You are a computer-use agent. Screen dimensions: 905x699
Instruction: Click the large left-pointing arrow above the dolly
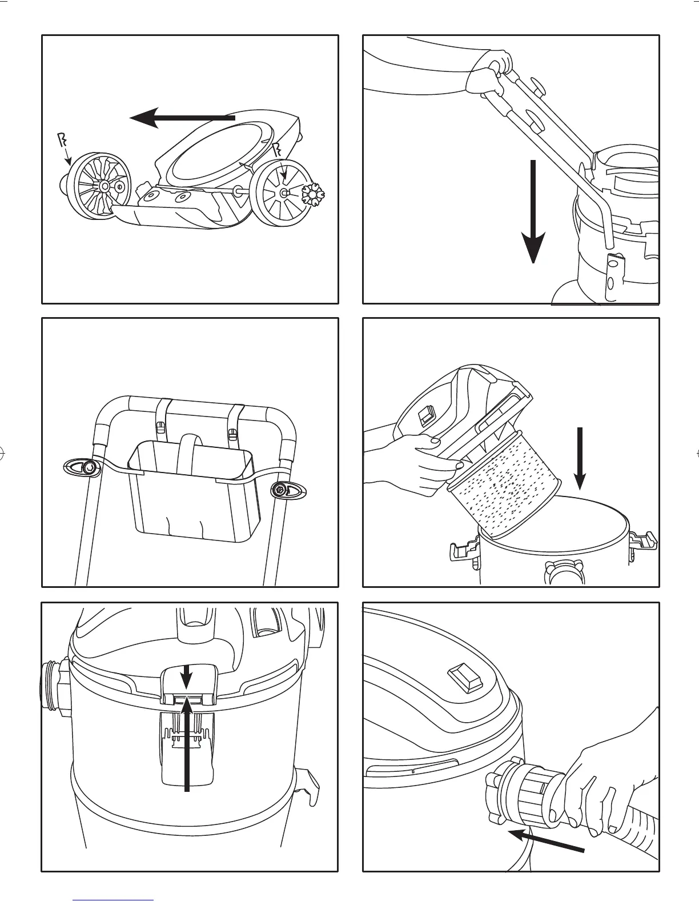click(x=182, y=118)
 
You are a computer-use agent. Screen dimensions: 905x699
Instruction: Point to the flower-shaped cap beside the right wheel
click(x=312, y=195)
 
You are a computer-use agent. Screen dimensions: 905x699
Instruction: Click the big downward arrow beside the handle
click(x=532, y=211)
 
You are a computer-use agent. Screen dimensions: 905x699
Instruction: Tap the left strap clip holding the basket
click(x=160, y=427)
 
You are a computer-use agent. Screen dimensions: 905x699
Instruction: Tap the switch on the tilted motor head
click(x=425, y=415)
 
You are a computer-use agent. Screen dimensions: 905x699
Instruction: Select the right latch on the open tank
click(x=644, y=540)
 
